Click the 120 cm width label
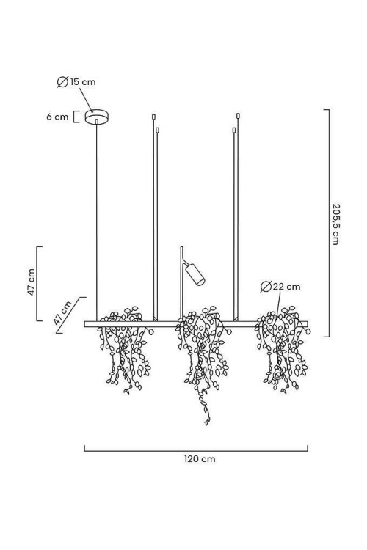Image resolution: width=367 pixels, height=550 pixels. click(x=200, y=459)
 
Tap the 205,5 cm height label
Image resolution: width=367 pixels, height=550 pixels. click(x=335, y=224)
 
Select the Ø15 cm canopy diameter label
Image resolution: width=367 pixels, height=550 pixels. click(x=76, y=82)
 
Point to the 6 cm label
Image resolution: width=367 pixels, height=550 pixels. click(x=57, y=117)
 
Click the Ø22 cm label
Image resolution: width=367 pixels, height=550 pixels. click(x=280, y=287)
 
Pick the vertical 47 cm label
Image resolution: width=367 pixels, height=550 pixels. click(x=32, y=282)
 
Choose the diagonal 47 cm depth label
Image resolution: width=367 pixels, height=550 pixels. click(x=62, y=312)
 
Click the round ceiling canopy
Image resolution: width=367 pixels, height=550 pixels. click(x=97, y=117)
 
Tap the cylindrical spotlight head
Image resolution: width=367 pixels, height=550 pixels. click(x=195, y=274)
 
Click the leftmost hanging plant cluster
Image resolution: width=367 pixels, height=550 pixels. click(x=126, y=350)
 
